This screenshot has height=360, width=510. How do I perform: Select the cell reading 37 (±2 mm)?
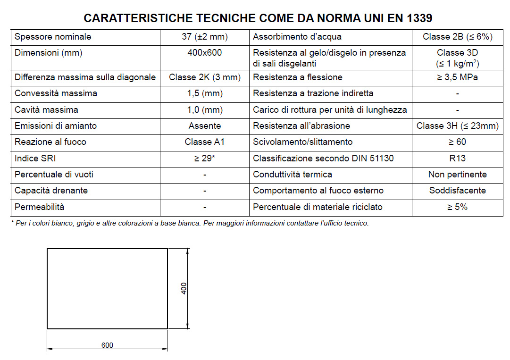204,37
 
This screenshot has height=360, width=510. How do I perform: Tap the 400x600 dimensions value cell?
204,53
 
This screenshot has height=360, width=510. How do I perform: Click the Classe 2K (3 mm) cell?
204,77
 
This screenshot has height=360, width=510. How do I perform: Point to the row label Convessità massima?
56,93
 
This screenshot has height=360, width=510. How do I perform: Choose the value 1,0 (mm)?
204,110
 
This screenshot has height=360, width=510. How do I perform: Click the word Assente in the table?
204,126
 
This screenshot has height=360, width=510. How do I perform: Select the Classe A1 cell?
204,142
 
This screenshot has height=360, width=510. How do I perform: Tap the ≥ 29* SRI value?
204,159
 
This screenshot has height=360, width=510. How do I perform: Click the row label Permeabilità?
40,207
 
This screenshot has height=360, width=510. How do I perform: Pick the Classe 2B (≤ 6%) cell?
457,37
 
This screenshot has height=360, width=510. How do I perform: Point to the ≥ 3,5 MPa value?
457,77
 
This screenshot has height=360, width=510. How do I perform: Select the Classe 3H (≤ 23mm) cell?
457,126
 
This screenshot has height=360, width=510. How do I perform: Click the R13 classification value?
457,159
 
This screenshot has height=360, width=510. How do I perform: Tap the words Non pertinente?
457,175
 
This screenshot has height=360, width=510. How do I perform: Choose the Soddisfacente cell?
457,191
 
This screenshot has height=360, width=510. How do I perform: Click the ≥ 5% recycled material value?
457,207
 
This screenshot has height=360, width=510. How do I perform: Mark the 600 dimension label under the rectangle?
107,345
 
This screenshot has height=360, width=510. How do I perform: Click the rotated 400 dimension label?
184,288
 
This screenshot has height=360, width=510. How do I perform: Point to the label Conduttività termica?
293,175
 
